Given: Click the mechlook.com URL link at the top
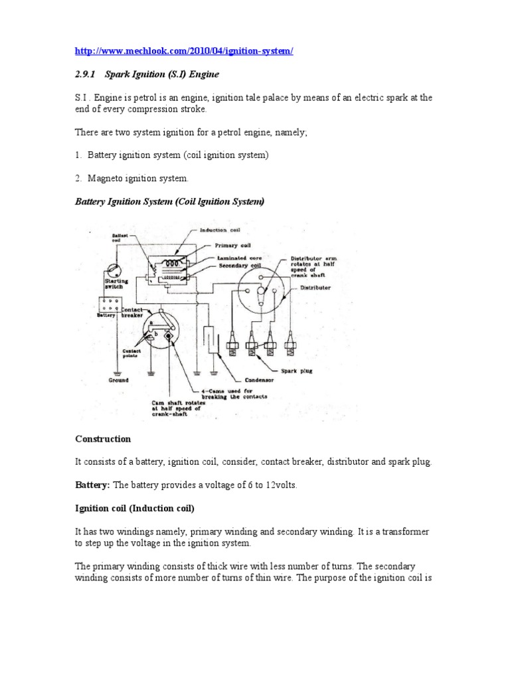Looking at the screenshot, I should click(183, 52).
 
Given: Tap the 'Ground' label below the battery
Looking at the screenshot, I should click(119, 380).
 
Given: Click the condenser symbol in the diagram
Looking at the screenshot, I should click(209, 339).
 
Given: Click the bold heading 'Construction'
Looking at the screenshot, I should click(103, 439).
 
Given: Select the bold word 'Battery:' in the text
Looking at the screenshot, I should click(93, 485).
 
